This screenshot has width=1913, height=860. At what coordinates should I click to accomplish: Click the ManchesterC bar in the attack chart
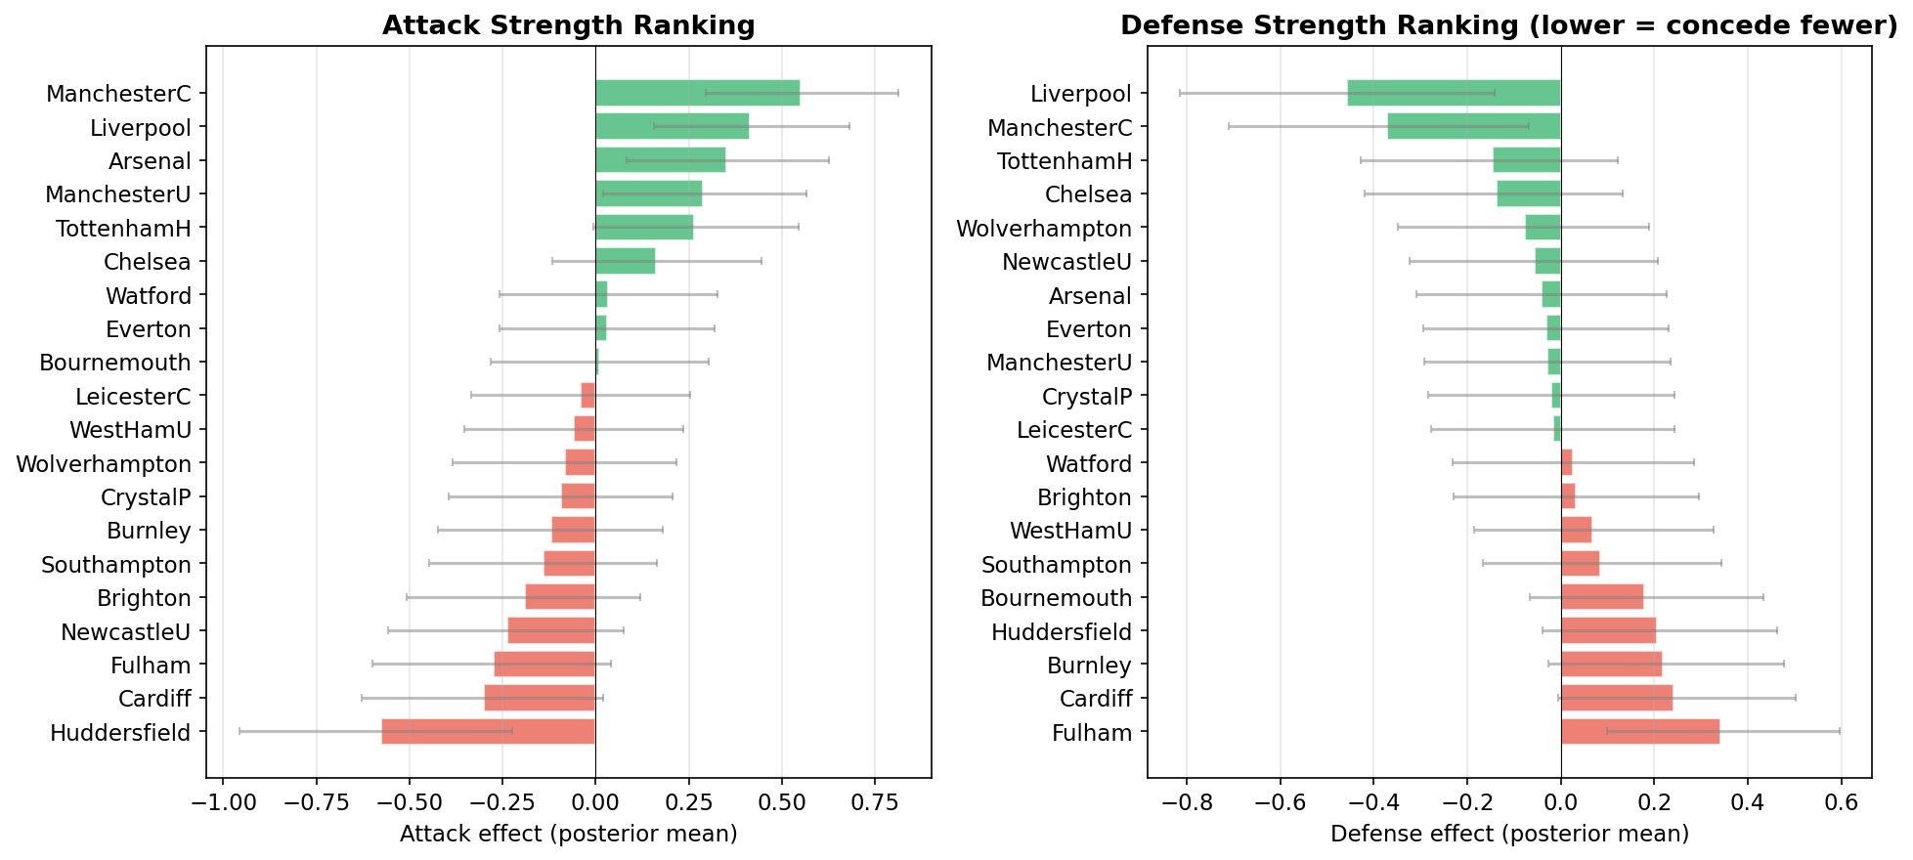point(696,93)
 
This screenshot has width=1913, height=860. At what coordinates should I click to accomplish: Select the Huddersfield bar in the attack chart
point(488,732)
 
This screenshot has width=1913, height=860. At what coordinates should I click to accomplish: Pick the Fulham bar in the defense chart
point(1639,732)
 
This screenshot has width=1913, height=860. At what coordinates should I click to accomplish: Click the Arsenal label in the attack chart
point(150,161)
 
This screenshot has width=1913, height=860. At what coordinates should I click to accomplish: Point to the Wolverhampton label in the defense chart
point(1043,229)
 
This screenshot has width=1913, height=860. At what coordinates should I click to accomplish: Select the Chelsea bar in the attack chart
point(625,261)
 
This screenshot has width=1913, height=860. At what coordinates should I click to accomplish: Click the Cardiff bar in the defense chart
point(1616,698)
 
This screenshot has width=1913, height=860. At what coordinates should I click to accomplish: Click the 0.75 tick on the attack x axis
point(874,803)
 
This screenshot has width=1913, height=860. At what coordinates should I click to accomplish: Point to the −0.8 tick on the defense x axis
point(1186,803)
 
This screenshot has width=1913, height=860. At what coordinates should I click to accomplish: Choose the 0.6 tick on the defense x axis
point(1841,803)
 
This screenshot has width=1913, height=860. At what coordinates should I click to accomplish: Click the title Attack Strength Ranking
point(568,25)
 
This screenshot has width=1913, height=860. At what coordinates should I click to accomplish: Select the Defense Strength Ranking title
point(1508,25)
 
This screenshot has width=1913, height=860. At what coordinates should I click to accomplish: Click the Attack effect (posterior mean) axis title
point(568,835)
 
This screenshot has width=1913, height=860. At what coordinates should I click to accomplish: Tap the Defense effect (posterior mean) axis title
point(1509,835)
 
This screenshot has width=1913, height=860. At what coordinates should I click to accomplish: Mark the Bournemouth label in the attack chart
point(114,363)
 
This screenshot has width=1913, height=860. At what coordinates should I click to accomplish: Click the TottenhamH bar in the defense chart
point(1526,160)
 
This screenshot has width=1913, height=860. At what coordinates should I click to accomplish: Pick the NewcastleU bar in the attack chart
point(551,631)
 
